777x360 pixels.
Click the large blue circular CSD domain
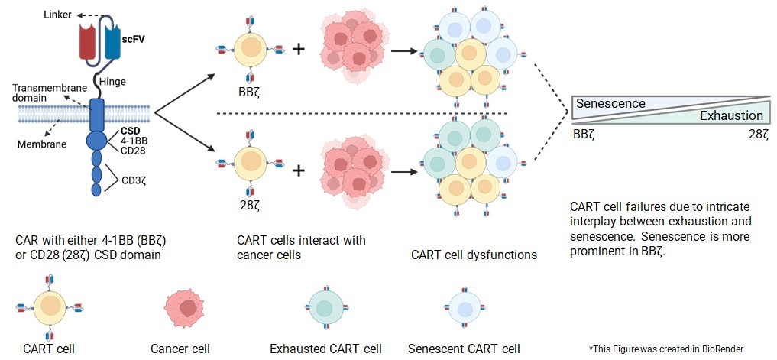(97, 140)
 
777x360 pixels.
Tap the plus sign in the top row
(299, 51)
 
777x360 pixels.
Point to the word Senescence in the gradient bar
(610, 103)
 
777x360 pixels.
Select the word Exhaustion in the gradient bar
(731, 115)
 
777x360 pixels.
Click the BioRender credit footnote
(665, 349)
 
